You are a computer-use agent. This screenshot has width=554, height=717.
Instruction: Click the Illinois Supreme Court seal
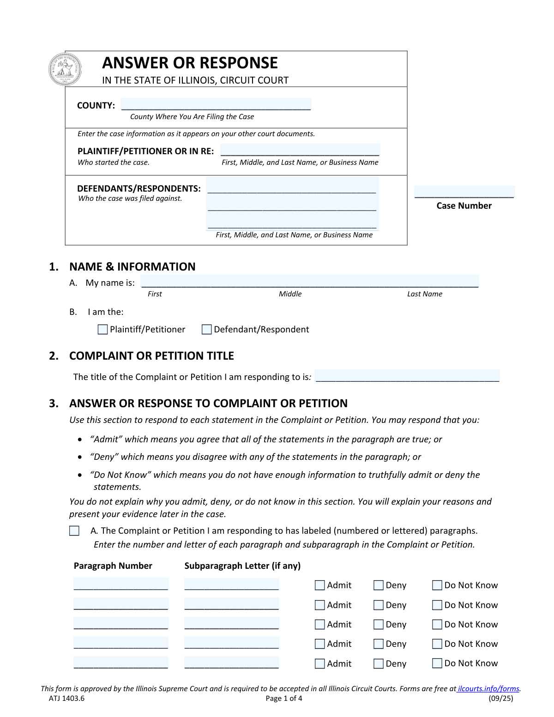65,69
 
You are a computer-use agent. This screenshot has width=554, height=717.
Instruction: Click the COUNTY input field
216,104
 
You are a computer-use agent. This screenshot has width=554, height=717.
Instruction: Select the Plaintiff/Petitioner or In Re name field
300,150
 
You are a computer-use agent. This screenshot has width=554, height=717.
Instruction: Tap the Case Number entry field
464,192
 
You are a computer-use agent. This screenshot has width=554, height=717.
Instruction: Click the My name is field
309,282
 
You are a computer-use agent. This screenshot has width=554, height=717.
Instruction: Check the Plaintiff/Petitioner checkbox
103,330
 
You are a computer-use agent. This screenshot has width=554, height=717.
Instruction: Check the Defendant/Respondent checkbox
207,330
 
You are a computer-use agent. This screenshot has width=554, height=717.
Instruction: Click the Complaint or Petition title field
407,376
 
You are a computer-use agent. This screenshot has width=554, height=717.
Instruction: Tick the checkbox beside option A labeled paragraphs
74,531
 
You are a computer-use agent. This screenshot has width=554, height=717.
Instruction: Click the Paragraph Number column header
113,566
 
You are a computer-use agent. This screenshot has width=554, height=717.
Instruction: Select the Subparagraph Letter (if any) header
242,566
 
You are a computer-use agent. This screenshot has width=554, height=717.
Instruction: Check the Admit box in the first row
319,585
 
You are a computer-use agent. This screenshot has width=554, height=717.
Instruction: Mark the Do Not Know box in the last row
437,663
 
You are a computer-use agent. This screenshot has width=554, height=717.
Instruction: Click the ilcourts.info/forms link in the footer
488,688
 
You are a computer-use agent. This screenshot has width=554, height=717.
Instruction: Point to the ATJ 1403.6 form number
67,698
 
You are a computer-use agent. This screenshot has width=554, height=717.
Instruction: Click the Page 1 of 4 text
284,698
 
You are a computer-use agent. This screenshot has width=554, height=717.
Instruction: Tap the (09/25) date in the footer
501,698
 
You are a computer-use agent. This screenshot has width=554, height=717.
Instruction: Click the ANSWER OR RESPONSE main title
190,63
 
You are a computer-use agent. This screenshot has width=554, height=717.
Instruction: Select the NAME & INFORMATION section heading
132,266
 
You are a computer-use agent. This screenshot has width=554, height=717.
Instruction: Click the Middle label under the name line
290,294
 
